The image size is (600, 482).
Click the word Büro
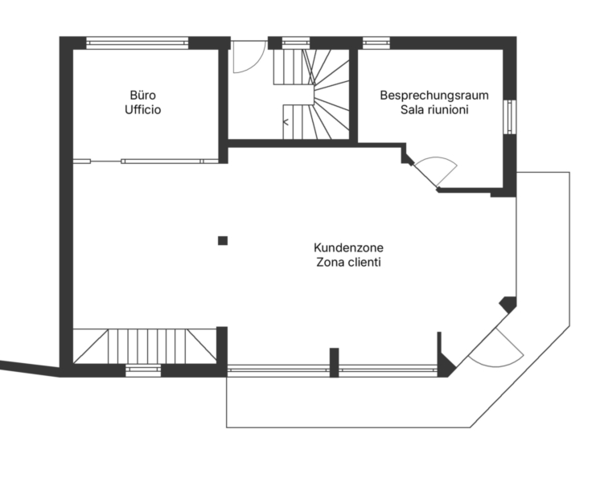142,95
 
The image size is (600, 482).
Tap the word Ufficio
142,110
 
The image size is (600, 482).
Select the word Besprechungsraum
434,95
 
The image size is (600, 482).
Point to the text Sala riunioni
434,110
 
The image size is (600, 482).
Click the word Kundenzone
348,247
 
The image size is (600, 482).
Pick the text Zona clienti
348,263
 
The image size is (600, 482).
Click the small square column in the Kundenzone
223,240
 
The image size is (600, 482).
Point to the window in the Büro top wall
138,43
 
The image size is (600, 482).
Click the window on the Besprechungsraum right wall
510,117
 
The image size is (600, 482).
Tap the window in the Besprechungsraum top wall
376,43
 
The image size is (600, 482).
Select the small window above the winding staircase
296,43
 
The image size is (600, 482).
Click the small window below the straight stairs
143,370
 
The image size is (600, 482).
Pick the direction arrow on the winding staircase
286,122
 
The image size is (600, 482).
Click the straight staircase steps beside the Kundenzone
147,346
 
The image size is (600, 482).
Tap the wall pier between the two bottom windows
334,362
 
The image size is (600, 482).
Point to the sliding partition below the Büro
146,161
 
